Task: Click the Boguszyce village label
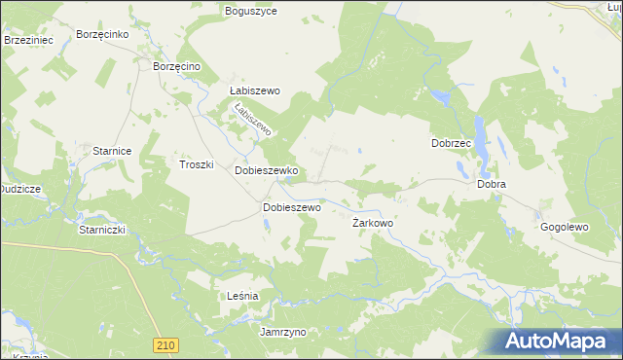[251, 11]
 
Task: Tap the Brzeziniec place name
[27, 40]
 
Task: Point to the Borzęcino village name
[176, 65]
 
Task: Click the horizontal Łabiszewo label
[254, 90]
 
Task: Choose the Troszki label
[196, 164]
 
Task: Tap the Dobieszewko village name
[266, 170]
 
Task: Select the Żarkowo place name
[372, 223]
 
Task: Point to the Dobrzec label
[451, 143]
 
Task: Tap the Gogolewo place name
[565, 227]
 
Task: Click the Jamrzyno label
[283, 332]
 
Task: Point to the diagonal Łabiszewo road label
[251, 121]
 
